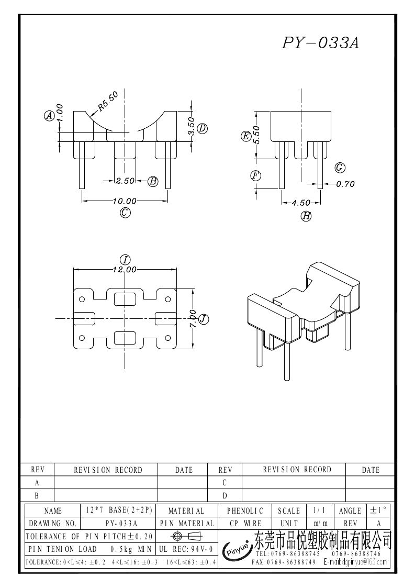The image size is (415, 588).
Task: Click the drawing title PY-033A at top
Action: click(x=320, y=43)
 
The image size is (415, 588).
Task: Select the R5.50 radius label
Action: click(x=108, y=101)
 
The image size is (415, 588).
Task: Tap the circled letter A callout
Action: click(x=49, y=116)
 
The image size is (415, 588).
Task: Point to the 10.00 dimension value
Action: click(x=125, y=202)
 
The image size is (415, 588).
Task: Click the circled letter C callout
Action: click(x=125, y=213)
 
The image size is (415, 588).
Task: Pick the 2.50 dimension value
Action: click(x=125, y=181)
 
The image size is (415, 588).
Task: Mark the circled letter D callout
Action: click(x=203, y=129)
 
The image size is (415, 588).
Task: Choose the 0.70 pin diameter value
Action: click(x=345, y=184)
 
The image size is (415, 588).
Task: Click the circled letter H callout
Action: click(x=306, y=216)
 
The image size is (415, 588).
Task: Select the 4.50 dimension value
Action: click(x=301, y=203)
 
